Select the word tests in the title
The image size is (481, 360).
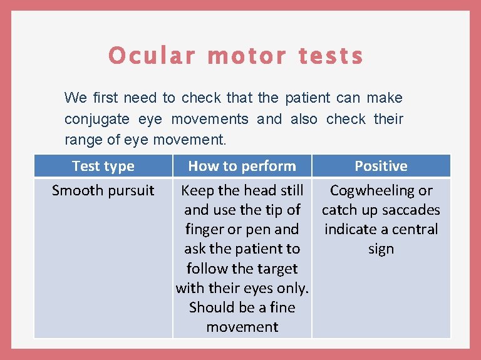tap(331, 56)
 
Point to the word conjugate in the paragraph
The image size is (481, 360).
tap(97, 119)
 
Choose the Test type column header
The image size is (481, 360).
tap(103, 166)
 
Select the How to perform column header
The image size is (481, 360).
tap(242, 166)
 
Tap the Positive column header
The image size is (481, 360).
tap(381, 166)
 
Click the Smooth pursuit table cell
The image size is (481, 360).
tap(103, 190)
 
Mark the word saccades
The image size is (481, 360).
tap(410, 210)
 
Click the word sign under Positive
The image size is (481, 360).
tap(381, 249)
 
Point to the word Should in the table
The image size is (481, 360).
tap(211, 307)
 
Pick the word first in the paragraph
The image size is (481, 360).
tap(105, 98)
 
